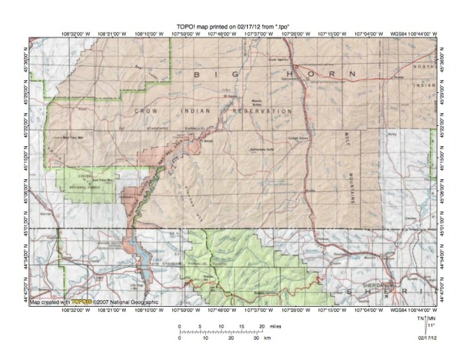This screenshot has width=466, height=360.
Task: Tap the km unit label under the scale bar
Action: [x=267, y=338]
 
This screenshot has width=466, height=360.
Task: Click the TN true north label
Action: [x=422, y=319]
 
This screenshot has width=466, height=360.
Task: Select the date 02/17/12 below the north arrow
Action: [x=428, y=339]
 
